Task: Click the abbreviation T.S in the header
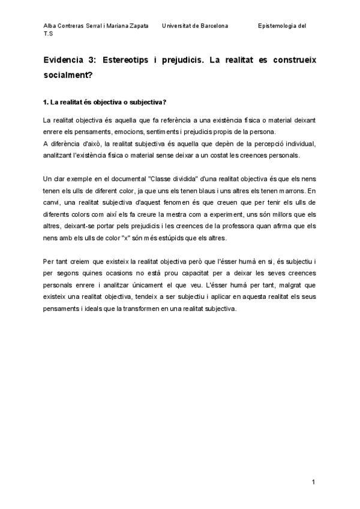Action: (x=48, y=35)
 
